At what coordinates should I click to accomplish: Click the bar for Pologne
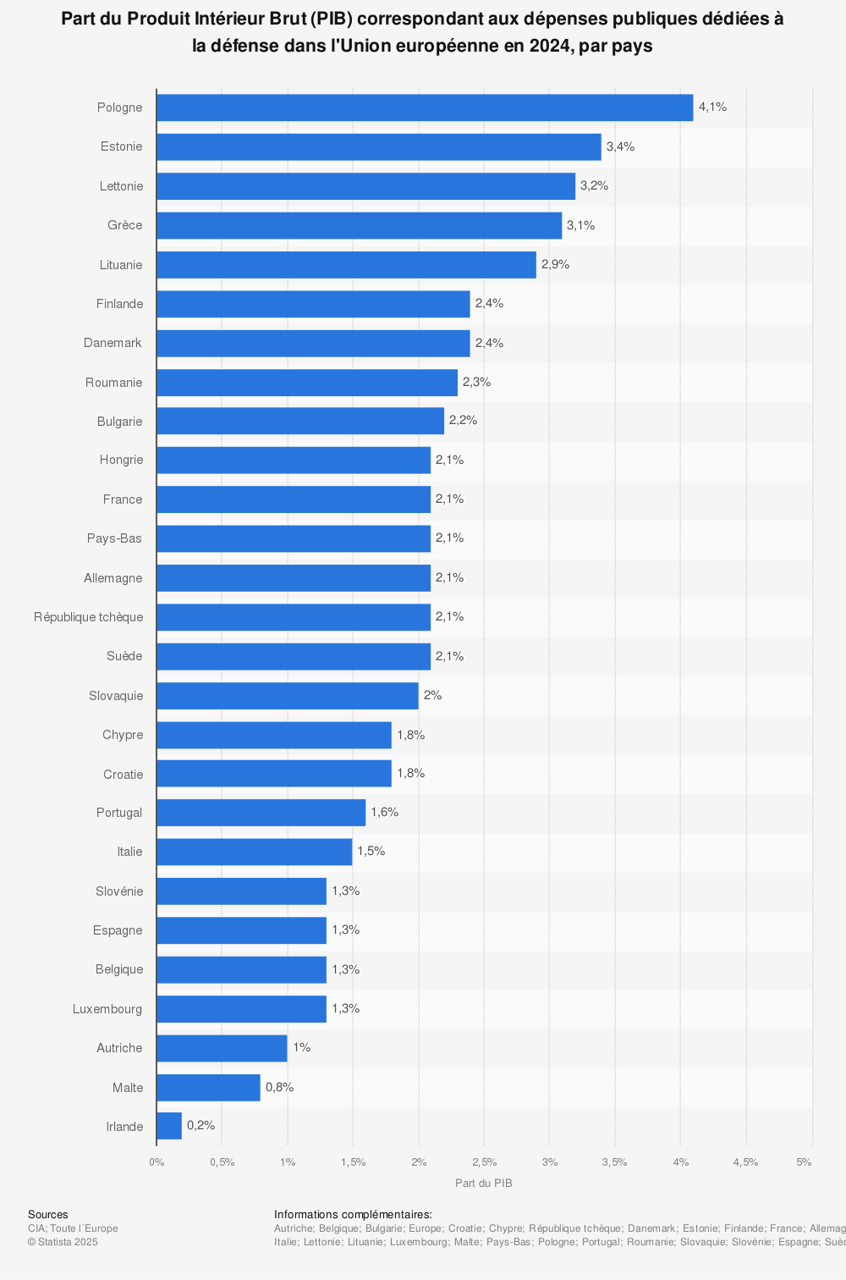pos(425,108)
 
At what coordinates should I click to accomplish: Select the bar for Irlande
pos(169,1126)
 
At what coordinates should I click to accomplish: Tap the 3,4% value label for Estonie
pos(620,146)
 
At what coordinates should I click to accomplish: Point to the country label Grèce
pos(125,225)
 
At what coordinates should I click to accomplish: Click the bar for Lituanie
pos(346,264)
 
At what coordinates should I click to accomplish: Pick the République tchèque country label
pos(89,617)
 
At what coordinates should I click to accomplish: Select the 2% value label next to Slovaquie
pos(432,695)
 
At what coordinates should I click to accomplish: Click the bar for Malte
pos(208,1087)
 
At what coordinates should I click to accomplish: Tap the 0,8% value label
pos(279,1087)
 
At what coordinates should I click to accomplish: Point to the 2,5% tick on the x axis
pos(484,1162)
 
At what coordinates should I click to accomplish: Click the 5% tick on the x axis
pos(804,1162)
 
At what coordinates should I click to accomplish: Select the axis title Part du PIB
pos(484,1183)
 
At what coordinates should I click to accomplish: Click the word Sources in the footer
pos(48,1215)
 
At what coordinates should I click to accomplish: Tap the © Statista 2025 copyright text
pos(63,1242)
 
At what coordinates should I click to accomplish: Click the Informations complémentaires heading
pos(353,1215)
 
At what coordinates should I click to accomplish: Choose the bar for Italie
pos(254,852)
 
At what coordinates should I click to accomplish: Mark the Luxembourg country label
pos(107,1009)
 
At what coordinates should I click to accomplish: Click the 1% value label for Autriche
pos(301,1047)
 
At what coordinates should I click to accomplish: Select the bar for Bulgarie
pos(300,421)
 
